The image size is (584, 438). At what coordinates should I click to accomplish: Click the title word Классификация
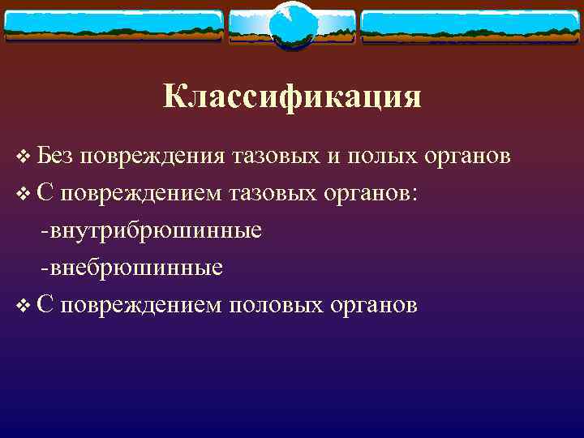pos(292,97)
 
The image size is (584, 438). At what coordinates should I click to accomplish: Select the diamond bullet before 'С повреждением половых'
pos(21,306)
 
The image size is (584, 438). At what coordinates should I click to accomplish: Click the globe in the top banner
pos(291,25)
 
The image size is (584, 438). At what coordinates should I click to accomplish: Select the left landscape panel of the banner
pos(114,27)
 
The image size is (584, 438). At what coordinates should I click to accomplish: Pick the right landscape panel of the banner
pos(470,27)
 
